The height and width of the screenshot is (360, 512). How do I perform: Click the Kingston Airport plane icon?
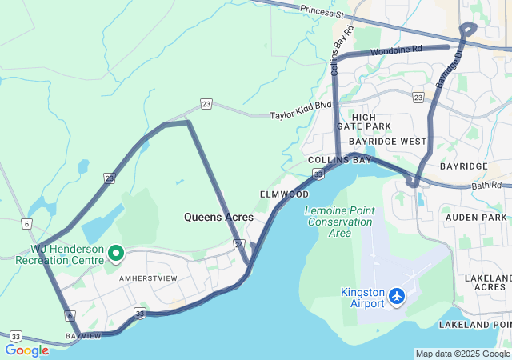pos(397,298)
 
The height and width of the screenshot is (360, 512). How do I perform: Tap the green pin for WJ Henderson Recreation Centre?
pos(116,254)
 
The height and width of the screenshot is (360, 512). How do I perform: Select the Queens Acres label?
pos(218,217)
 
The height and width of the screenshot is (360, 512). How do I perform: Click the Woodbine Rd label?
pos(396,50)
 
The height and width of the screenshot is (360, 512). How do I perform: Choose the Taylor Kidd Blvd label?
pos(300,114)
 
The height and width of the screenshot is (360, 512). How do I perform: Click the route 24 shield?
pos(239,243)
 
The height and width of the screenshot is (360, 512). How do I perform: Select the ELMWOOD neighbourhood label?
pos(284,194)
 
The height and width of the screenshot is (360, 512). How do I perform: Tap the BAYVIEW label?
pos(85,336)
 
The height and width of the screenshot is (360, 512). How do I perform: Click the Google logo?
pos(26,350)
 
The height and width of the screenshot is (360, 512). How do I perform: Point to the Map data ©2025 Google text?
pos(462,354)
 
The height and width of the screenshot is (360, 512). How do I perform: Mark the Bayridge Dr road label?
pos(449,70)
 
